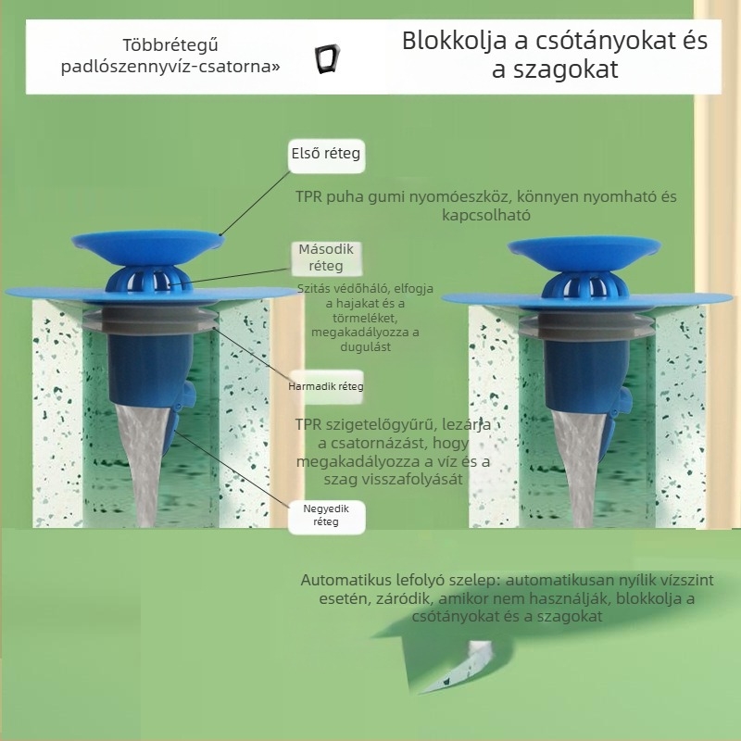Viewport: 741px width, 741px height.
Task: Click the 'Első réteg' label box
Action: coord(325,154)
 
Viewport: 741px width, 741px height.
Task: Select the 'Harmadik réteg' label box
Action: coord(327,385)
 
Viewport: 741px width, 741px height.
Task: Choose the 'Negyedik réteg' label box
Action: coord(327,515)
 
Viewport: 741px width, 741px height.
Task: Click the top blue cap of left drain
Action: coord(148,244)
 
